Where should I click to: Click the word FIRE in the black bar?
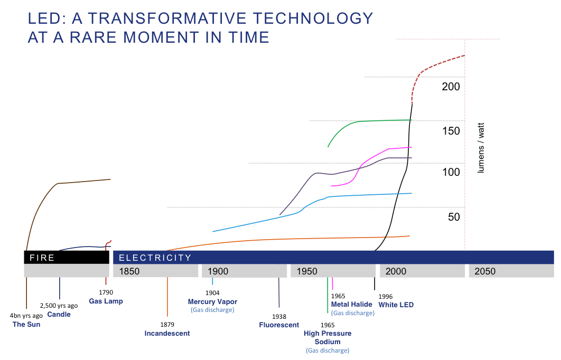[42, 258]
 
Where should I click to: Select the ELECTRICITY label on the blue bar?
[155, 258]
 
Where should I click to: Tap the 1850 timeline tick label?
[130, 271]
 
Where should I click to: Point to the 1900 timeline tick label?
[218, 271]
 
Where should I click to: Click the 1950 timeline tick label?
[307, 271]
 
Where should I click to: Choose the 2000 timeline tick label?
[396, 271]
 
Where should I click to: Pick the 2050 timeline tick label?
[485, 271]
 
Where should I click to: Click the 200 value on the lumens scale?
[451, 87]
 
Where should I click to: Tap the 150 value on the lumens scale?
[451, 131]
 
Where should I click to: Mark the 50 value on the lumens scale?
[454, 217]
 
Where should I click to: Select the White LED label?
[396, 305]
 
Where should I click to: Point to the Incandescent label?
[167, 333]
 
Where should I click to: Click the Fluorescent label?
[279, 325]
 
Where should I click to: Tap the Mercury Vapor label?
[212, 301]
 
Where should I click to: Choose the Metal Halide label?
[352, 304]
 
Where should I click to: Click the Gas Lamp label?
[106, 301]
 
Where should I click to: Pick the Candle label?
[59, 314]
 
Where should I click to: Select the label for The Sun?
[26, 324]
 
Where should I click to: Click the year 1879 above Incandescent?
[167, 325]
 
